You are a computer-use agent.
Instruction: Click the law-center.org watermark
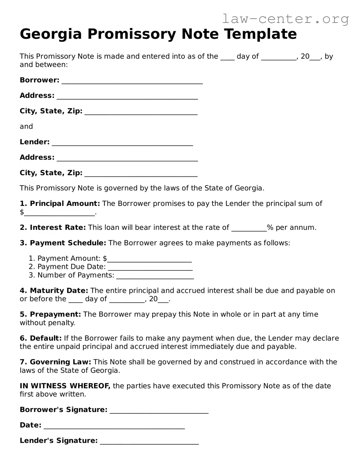[x=285, y=19]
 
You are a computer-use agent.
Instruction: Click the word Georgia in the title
[x=51, y=34]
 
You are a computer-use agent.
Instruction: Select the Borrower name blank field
[x=132, y=81]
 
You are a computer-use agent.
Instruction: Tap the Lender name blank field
[x=122, y=143]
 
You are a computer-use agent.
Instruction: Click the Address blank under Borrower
[x=127, y=96]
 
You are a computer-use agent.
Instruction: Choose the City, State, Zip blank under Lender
[x=141, y=174]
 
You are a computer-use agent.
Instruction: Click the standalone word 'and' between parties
[x=26, y=127]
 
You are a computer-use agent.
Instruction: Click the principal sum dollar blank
[x=59, y=213]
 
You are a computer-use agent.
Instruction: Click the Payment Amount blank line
[x=149, y=259]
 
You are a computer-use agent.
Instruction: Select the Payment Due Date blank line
[x=150, y=268]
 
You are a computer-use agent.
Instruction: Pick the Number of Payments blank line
[x=155, y=276]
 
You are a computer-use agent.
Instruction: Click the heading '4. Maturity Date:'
[x=54, y=291]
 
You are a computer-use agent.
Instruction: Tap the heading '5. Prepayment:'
[x=50, y=314]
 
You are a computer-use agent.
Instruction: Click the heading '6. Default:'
[x=41, y=338]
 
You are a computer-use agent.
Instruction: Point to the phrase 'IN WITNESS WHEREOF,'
[x=65, y=386]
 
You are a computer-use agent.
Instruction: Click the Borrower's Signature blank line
[x=159, y=411]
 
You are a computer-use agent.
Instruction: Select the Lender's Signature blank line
[x=149, y=442]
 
